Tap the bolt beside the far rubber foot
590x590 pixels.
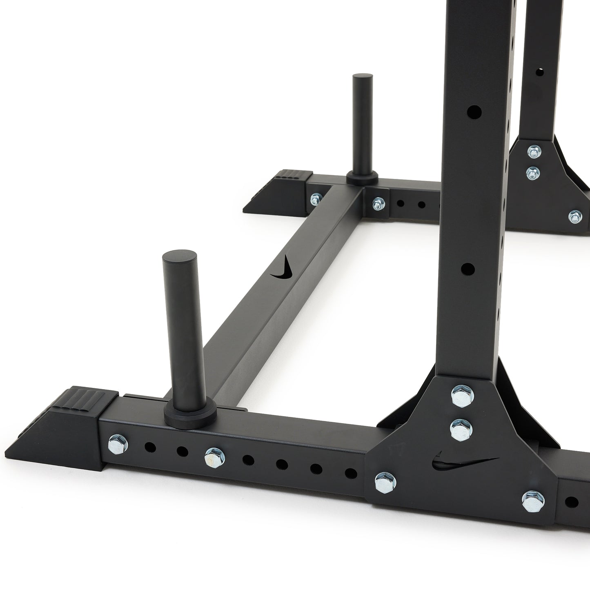pyautogui.click(x=315, y=199)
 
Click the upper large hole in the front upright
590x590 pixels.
pyautogui.click(x=474, y=111)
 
